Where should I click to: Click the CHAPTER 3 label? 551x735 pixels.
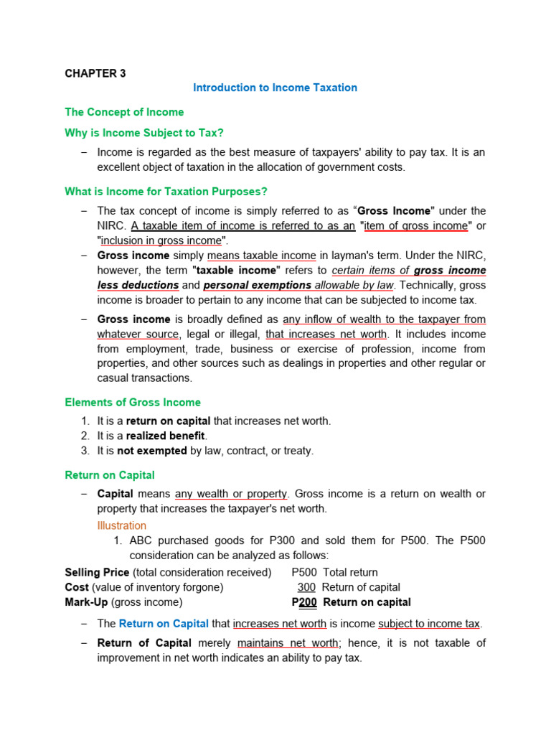[95, 73]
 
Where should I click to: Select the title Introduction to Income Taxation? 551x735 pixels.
[275, 88]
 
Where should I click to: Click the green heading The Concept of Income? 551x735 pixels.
[124, 112]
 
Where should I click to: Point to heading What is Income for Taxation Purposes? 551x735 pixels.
[166, 191]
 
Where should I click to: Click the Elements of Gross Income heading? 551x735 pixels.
[133, 402]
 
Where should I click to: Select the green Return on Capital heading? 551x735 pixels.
[110, 475]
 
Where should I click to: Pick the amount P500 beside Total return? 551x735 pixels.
[304, 572]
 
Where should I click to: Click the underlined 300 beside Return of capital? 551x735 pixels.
[306, 587]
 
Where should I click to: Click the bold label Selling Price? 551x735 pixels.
[97, 572]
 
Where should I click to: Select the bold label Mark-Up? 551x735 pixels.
[86, 602]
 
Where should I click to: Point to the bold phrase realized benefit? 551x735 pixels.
[166, 436]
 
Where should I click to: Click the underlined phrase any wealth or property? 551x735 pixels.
[232, 494]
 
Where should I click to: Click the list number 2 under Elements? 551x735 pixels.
[85, 436]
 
